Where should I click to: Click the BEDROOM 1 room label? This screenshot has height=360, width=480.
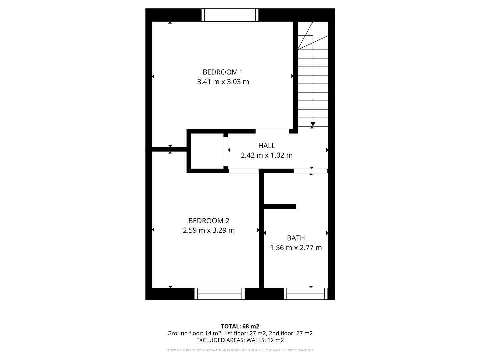point(223,72)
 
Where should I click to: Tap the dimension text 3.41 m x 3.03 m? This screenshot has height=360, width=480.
point(223,82)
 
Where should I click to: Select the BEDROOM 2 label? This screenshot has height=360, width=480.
point(209,221)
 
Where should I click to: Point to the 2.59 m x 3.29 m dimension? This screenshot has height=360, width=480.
point(209,230)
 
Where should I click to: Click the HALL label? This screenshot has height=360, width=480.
point(267,146)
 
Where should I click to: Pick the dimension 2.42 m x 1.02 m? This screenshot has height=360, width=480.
point(267,155)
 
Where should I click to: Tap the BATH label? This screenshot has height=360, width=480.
point(296,238)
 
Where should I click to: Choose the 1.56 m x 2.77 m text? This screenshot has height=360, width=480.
point(296,248)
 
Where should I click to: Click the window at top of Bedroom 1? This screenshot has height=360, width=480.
point(230,15)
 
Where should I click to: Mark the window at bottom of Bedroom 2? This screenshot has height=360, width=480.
point(220,294)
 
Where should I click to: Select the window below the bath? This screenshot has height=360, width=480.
point(306,294)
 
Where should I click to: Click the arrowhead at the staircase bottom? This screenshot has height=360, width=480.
point(313,124)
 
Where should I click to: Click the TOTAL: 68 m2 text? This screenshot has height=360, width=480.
point(240,326)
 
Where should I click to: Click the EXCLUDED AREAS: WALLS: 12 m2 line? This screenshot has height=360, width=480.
point(240,340)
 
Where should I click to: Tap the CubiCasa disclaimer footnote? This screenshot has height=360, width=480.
point(240,350)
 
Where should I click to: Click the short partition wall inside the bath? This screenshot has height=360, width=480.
point(280,207)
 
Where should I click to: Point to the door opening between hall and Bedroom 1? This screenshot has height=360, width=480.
point(272,131)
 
